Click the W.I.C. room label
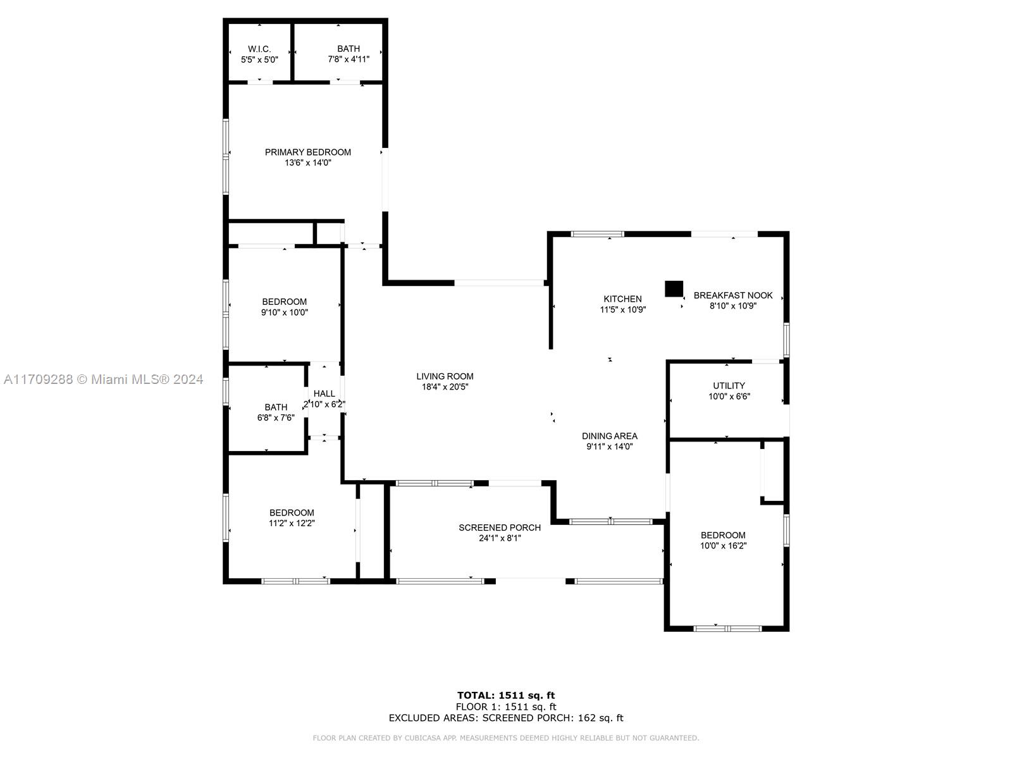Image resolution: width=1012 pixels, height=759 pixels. (x=259, y=49)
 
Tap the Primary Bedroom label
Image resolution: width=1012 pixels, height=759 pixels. (x=307, y=152)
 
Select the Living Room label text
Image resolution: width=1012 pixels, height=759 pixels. (x=445, y=376)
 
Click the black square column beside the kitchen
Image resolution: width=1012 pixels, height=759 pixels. (x=674, y=288)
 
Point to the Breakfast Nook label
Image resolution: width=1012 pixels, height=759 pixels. (x=733, y=295)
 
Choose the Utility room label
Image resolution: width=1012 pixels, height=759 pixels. (x=729, y=386)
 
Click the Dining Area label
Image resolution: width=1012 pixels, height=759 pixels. (x=610, y=436)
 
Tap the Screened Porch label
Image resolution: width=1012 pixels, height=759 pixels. (x=500, y=528)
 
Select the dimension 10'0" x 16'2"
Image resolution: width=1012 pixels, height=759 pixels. (x=723, y=546)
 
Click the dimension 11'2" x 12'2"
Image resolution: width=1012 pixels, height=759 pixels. (x=292, y=523)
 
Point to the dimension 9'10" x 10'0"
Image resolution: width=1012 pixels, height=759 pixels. (x=285, y=312)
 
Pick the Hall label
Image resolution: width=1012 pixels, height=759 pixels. (x=324, y=393)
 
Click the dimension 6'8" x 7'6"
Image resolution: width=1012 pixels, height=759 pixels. (x=276, y=418)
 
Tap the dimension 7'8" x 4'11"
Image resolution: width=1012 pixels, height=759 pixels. (x=349, y=59)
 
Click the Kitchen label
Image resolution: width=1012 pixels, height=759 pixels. (x=622, y=299)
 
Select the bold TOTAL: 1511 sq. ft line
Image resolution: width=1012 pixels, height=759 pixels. (x=506, y=695)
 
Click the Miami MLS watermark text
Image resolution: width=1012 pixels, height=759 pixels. (x=103, y=379)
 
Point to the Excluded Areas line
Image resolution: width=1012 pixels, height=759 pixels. (x=506, y=718)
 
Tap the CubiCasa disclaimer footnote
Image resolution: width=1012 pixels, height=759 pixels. (x=506, y=737)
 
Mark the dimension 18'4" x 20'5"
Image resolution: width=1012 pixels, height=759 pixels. (x=445, y=387)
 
